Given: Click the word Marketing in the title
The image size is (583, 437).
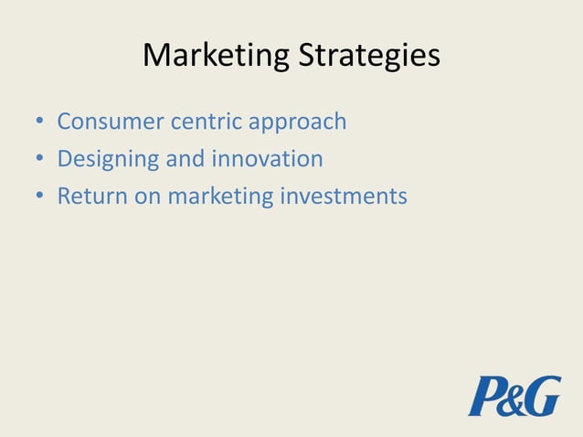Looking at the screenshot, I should pos(217,57).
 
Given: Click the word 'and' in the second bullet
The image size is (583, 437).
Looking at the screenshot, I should pos(185,159).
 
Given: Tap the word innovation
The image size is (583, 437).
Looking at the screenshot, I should pos(267,159).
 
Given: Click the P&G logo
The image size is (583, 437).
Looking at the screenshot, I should pos(514,395).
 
